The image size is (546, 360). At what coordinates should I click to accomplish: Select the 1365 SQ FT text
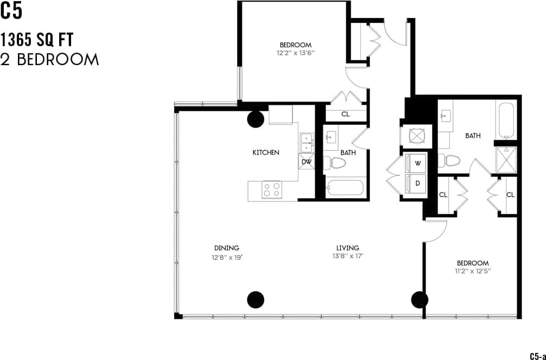(37, 40)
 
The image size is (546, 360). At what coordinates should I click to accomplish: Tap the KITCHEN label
(266, 153)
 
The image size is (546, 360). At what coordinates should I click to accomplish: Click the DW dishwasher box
(306, 162)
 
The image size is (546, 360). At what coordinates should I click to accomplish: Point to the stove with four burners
(272, 190)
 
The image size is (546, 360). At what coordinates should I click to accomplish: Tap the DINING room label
(226, 248)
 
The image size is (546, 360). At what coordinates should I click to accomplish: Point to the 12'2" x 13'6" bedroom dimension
(296, 53)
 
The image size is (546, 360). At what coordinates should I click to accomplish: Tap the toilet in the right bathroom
(450, 161)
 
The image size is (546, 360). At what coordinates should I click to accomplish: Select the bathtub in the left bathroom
(346, 188)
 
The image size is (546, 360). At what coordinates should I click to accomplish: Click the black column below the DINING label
(256, 299)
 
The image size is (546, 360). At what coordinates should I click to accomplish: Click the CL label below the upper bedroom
(346, 115)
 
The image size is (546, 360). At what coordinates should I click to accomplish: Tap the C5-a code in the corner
(537, 356)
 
